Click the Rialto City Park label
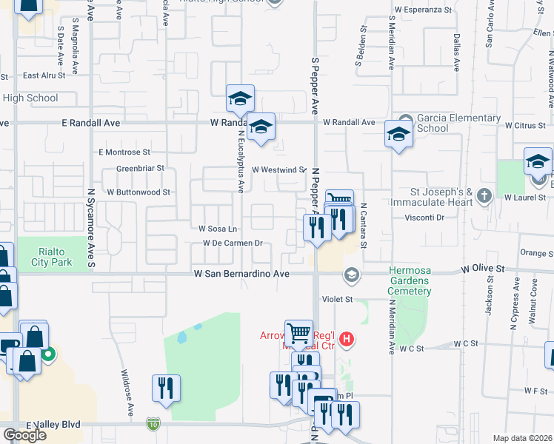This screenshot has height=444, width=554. pyautogui.click(x=52, y=256)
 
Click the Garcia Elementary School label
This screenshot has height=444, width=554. pyautogui.click(x=458, y=123)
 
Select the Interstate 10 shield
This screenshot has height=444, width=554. pyautogui.click(x=152, y=423)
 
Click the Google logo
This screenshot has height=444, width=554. pyautogui.click(x=24, y=435)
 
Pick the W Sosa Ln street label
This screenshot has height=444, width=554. pyautogui.click(x=217, y=229)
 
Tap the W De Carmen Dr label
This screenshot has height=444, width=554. pyautogui.click(x=233, y=243)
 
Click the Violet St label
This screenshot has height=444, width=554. pyautogui.click(x=337, y=300)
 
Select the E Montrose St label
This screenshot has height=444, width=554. pyautogui.click(x=124, y=152)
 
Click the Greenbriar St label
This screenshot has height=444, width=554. pyautogui.click(x=139, y=169)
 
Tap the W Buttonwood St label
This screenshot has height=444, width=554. pyautogui.click(x=138, y=192)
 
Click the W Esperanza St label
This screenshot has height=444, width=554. pyautogui.click(x=423, y=10)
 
